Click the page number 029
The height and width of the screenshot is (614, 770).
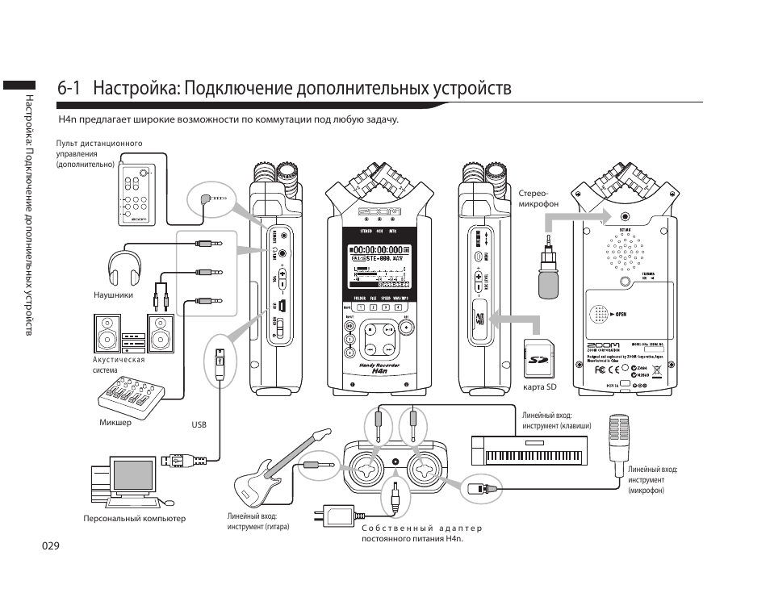52,546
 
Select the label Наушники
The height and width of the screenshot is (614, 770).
113,295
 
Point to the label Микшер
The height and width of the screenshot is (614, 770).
115,423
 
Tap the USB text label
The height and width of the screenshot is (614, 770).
199,424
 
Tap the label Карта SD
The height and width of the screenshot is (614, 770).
540,387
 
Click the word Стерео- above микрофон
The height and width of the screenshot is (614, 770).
533,193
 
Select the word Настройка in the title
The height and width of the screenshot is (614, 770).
134,87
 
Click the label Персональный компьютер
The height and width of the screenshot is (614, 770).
134,519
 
